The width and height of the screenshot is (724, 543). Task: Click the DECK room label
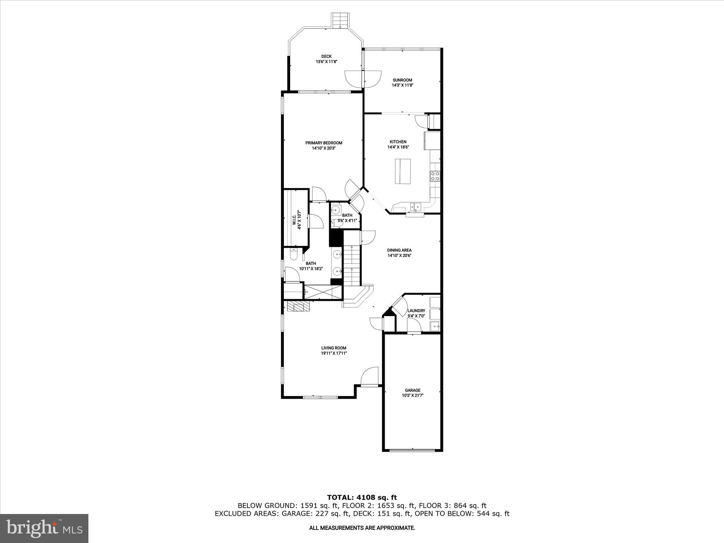(x=326, y=56)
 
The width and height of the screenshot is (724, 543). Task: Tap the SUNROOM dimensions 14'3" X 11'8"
(x=402, y=85)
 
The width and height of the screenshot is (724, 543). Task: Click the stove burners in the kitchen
(x=435, y=176)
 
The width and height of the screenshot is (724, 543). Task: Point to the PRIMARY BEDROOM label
(x=323, y=143)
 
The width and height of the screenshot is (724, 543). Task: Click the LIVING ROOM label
(x=333, y=348)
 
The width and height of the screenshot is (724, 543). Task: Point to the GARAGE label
(x=413, y=390)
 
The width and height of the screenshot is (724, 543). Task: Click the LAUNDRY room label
(x=416, y=311)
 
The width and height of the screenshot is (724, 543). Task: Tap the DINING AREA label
(x=399, y=250)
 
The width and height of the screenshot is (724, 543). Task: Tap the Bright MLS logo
(x=44, y=528)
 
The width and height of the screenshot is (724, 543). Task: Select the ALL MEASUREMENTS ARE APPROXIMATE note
(x=362, y=528)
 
